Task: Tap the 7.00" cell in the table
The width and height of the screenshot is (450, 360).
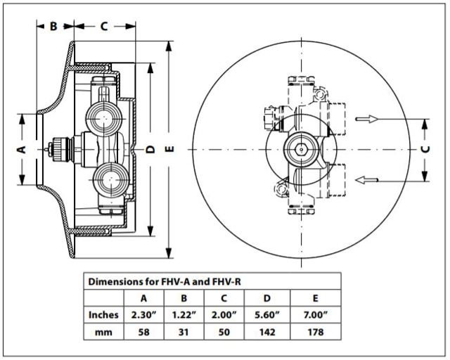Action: (314, 314)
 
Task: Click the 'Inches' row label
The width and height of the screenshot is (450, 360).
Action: (104, 314)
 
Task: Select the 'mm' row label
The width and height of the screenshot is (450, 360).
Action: (104, 331)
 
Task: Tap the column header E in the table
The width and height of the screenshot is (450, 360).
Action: (314, 297)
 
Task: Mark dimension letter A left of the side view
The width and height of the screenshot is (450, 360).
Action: (22, 149)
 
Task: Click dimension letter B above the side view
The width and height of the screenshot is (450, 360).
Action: (53, 27)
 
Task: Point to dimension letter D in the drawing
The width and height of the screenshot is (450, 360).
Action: (150, 149)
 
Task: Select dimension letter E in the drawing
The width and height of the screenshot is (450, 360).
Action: (169, 149)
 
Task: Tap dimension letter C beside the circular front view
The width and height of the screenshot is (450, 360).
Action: (425, 149)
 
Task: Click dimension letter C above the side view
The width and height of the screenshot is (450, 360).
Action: (103, 27)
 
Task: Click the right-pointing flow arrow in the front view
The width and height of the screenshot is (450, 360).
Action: (368, 119)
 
